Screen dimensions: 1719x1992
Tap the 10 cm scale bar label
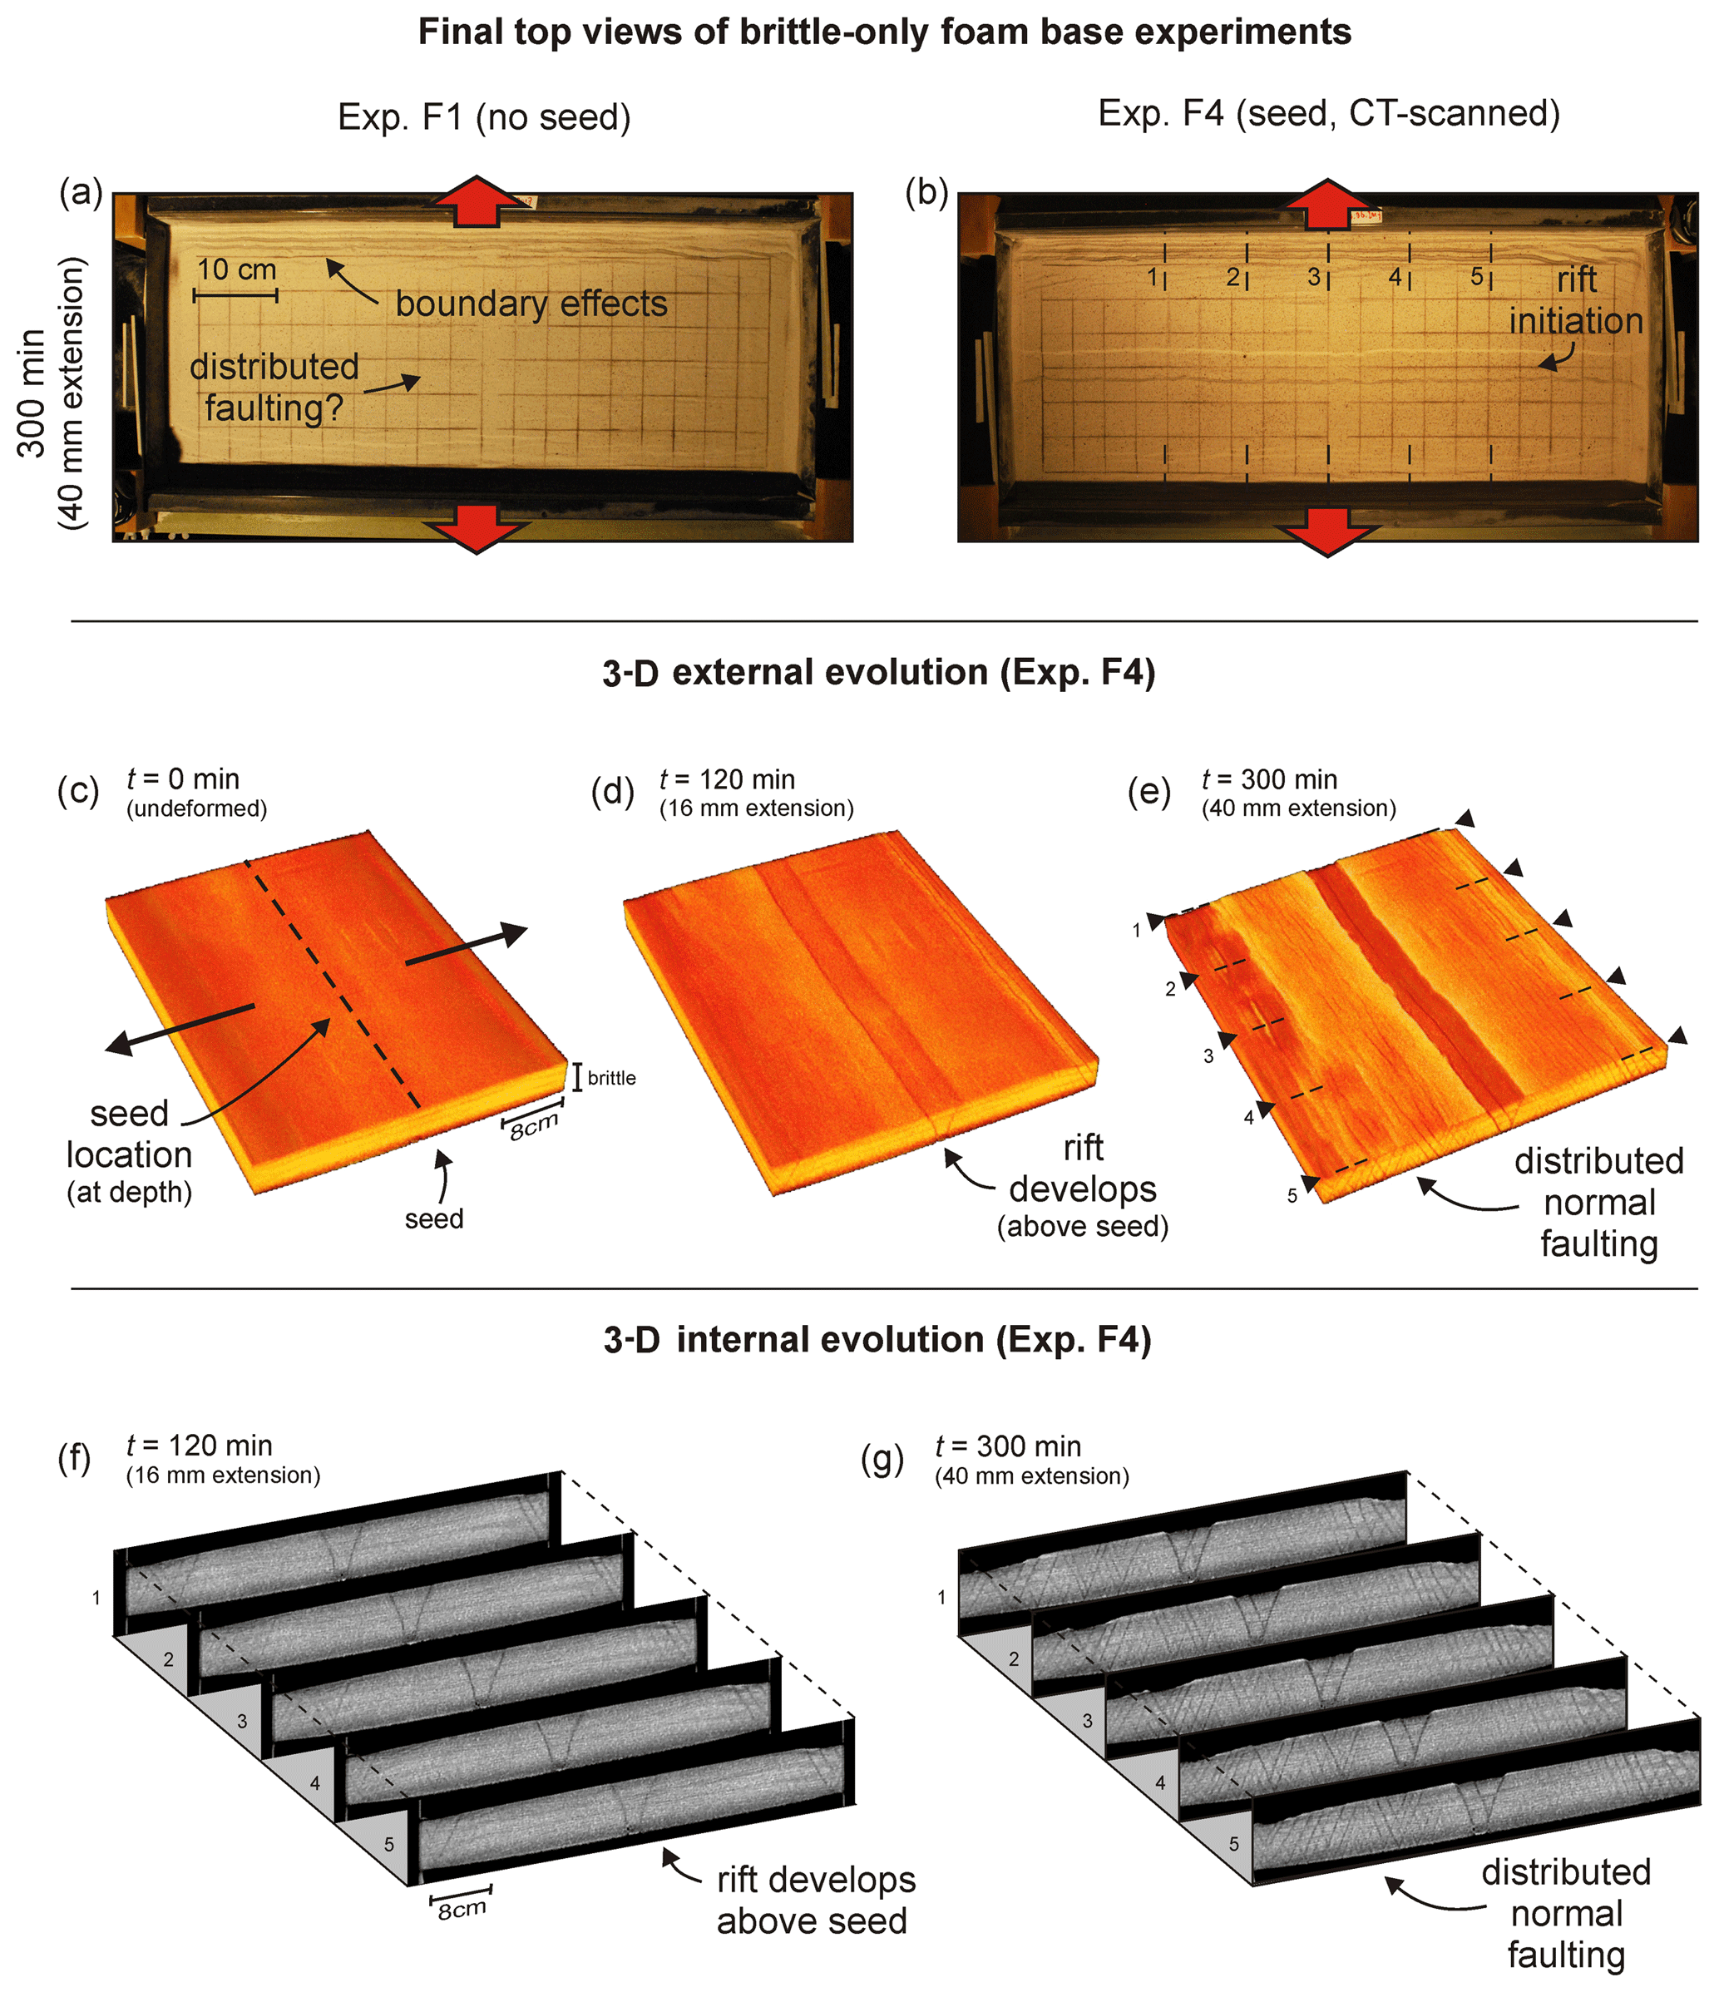point(236,269)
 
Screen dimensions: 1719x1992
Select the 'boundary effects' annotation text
point(531,304)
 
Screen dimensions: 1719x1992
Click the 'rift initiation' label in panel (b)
point(1576,300)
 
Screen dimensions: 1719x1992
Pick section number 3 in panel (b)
point(1313,277)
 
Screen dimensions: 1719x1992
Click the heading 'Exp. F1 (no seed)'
point(483,117)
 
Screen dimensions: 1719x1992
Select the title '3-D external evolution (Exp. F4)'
point(879,672)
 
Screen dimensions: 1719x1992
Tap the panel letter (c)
point(79,790)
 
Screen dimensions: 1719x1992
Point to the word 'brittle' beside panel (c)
point(611,1078)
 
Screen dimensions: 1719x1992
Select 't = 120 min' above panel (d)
point(727,779)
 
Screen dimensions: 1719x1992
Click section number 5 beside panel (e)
point(1292,1196)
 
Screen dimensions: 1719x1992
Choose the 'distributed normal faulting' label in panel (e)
point(1598,1202)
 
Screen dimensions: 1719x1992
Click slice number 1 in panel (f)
point(96,1598)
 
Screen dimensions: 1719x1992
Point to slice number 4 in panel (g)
point(1160,1782)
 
